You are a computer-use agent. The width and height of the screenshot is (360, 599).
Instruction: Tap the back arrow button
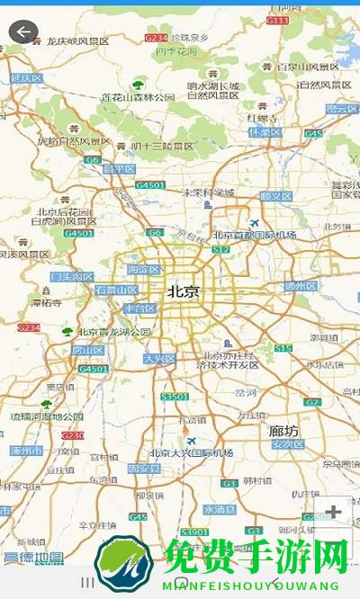click(x=22, y=32)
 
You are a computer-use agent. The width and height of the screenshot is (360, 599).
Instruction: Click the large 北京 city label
click(x=184, y=291)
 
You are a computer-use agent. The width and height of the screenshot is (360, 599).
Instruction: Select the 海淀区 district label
click(x=144, y=269)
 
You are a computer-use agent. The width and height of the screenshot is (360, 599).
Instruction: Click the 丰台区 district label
click(x=139, y=308)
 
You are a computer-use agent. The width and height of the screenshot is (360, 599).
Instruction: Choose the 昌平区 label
click(x=119, y=168)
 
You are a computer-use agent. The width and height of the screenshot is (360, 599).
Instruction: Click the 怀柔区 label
click(x=265, y=132)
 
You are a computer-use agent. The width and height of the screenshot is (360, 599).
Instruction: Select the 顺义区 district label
click(x=275, y=195)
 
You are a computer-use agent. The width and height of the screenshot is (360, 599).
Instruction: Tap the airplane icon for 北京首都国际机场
click(x=254, y=222)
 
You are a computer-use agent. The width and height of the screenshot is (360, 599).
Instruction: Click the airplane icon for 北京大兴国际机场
click(x=191, y=440)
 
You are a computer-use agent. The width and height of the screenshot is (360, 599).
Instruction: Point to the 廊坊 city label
click(x=284, y=430)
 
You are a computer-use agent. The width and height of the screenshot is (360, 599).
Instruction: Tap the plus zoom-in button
click(x=334, y=512)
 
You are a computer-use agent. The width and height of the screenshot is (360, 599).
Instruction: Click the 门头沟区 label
click(x=72, y=277)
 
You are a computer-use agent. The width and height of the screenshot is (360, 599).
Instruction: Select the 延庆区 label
click(x=26, y=78)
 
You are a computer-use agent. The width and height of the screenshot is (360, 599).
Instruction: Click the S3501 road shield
click(x=174, y=396)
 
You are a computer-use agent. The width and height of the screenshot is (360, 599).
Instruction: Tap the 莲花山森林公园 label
click(x=138, y=97)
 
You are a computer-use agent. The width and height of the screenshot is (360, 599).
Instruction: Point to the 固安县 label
click(x=144, y=469)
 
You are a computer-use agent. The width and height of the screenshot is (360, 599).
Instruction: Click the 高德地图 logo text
click(x=33, y=558)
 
